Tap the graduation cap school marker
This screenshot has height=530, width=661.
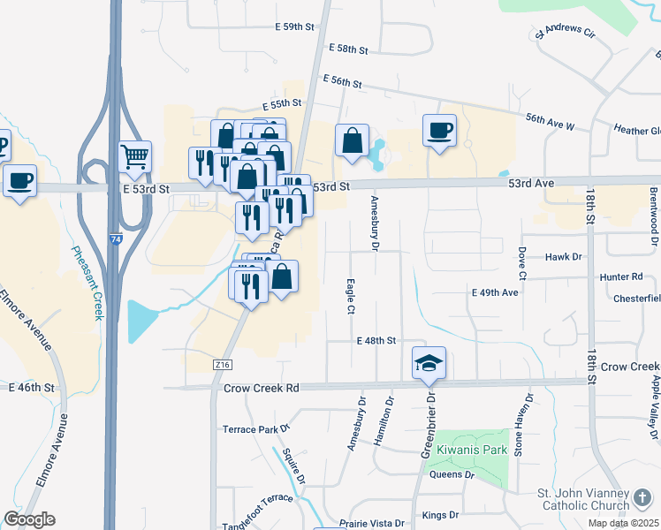pos(429,363)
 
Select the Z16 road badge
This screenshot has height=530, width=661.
pos(222,364)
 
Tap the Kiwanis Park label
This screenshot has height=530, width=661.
pos(483,450)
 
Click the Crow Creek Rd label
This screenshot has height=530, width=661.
pos(262,388)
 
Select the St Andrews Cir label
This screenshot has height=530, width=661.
pos(566,34)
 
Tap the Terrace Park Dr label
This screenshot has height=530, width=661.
pos(256,429)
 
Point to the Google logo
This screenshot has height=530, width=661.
pos(29,519)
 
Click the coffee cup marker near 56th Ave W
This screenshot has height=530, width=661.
pos(439,132)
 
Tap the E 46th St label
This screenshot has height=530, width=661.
pos(32,387)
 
